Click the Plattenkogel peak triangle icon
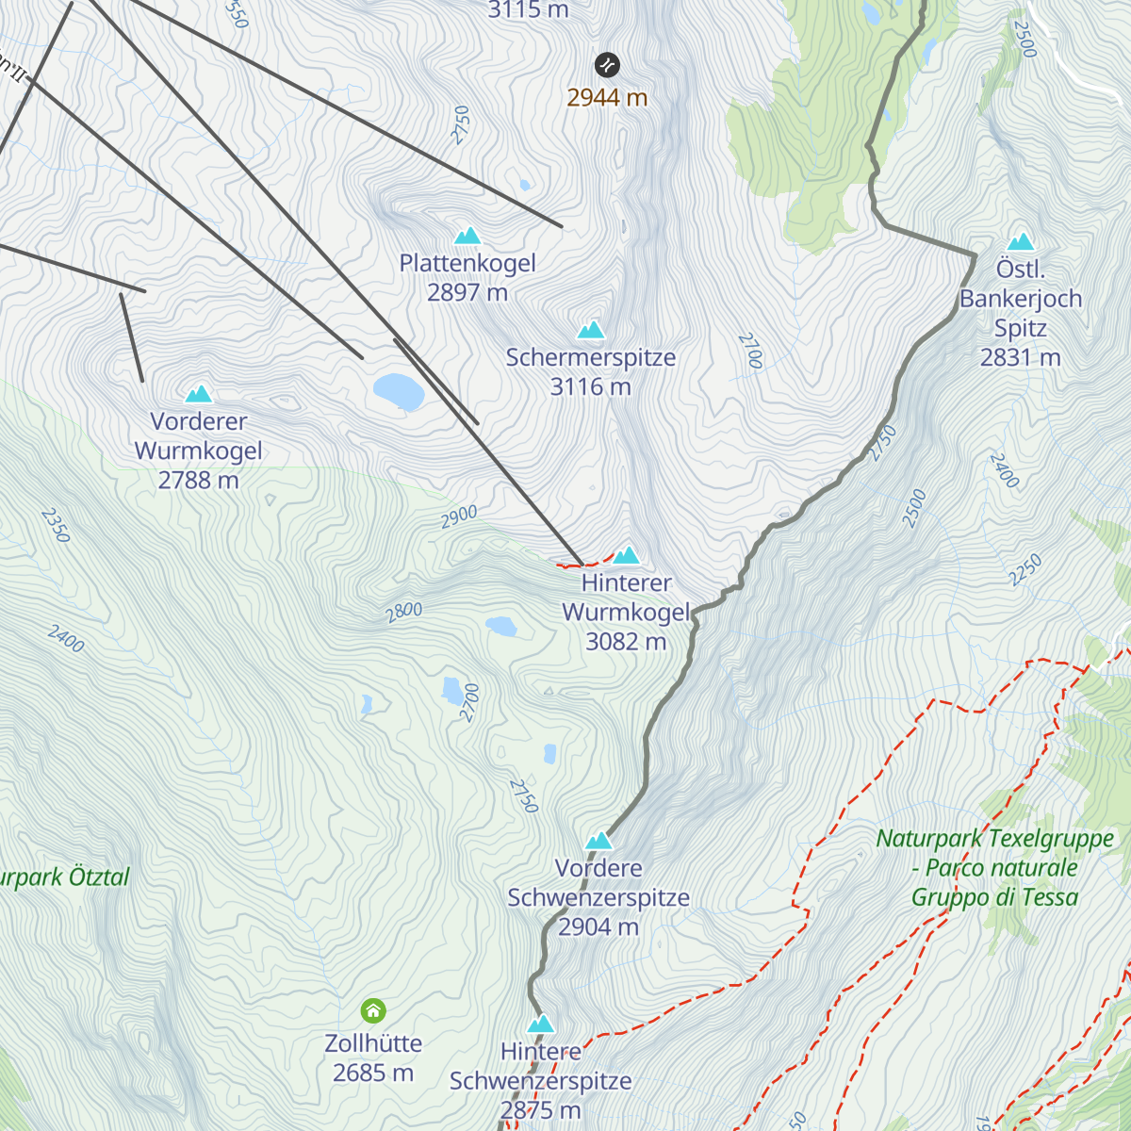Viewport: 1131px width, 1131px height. click(x=467, y=236)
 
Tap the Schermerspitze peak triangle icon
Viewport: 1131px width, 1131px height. click(x=591, y=330)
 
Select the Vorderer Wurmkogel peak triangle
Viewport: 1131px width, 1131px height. click(x=199, y=394)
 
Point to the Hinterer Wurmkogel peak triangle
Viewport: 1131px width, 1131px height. click(x=627, y=555)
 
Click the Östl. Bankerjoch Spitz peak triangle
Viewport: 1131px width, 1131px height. click(x=1021, y=242)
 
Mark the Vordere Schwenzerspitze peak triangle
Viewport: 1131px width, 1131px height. click(x=599, y=841)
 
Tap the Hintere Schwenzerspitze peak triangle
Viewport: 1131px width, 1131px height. click(x=541, y=1024)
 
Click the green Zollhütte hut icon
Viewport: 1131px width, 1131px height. click(x=373, y=1011)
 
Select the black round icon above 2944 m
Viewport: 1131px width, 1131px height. click(x=607, y=65)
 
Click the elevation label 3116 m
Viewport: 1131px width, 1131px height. click(x=591, y=386)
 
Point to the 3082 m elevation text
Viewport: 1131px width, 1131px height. click(x=626, y=642)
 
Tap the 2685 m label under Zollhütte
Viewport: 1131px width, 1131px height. click(x=373, y=1073)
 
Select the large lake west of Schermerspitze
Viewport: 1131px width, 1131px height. click(x=399, y=391)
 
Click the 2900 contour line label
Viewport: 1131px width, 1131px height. click(x=459, y=516)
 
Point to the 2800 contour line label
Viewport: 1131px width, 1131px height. click(x=403, y=612)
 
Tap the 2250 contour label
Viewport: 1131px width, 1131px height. click(x=1024, y=569)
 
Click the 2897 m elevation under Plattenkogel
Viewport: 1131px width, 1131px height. click(x=467, y=292)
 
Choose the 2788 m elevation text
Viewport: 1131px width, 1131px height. click(x=199, y=480)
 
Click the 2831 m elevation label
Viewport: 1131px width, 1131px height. click(x=1021, y=357)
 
